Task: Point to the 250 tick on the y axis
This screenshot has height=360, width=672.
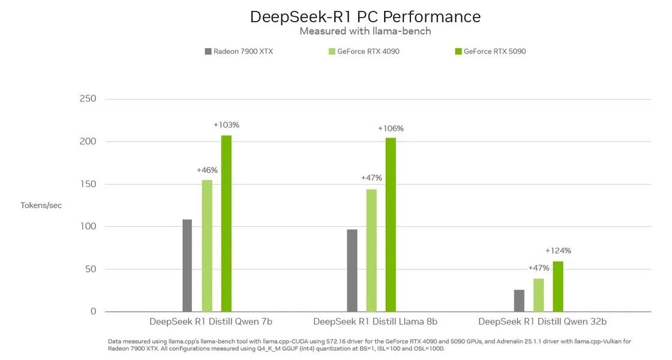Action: point(88,99)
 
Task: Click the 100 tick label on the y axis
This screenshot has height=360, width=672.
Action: point(88,226)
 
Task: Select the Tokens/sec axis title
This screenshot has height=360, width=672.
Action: point(41,205)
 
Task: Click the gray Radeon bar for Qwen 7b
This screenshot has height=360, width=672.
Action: point(187,265)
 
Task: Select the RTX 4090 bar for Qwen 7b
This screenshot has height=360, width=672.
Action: point(207,245)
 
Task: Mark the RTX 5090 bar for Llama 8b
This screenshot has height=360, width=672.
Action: point(391,224)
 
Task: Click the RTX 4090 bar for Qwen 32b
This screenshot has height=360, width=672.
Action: point(538,295)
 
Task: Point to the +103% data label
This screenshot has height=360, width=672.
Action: point(226,125)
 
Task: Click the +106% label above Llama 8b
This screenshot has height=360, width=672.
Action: point(391,128)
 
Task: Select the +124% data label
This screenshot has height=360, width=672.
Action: point(558,251)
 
